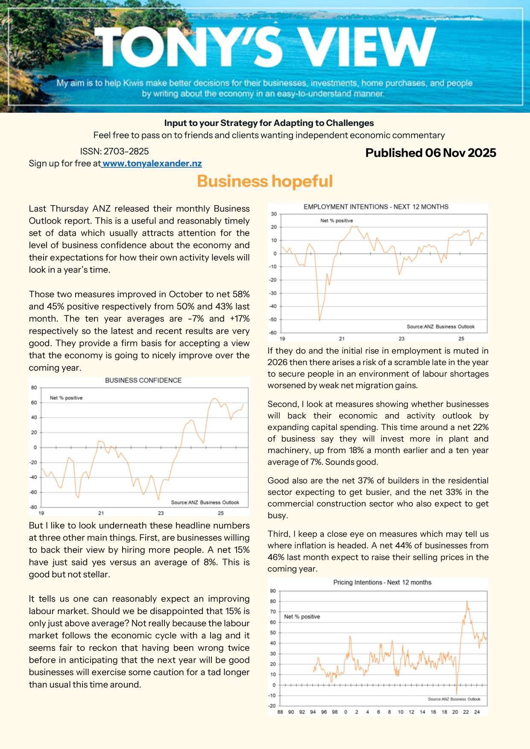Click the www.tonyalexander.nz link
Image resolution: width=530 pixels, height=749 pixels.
(152, 163)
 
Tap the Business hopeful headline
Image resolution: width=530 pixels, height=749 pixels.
(265, 181)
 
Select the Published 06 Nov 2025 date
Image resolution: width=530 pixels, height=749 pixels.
(430, 153)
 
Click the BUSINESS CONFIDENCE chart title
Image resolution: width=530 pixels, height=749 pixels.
(143, 380)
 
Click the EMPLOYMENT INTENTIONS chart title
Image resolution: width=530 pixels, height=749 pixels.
(376, 207)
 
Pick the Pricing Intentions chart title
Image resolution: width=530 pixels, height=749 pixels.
(382, 582)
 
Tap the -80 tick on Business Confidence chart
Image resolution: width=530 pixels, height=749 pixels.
(34, 507)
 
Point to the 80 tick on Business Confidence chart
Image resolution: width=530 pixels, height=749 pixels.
(34, 388)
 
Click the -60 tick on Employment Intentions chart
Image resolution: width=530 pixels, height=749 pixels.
(272, 333)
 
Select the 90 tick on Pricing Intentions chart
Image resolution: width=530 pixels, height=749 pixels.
(273, 591)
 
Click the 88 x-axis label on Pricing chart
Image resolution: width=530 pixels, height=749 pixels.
(280, 712)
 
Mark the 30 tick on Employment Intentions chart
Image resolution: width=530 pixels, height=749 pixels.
(274, 214)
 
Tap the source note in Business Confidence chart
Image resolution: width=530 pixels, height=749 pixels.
(205, 502)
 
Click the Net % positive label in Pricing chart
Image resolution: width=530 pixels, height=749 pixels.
(302, 617)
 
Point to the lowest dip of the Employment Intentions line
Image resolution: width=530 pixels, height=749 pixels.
(319, 320)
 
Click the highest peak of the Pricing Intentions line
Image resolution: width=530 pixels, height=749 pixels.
(467, 601)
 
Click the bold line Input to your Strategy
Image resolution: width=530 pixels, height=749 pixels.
(269, 123)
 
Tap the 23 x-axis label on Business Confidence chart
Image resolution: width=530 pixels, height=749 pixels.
(161, 513)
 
